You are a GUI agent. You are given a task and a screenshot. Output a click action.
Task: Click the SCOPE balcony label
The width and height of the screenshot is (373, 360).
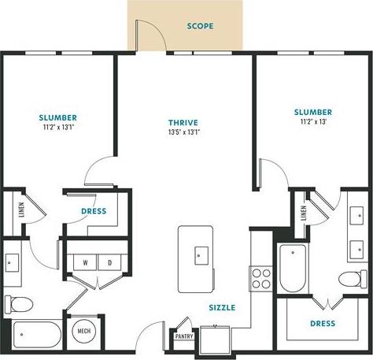(200, 26)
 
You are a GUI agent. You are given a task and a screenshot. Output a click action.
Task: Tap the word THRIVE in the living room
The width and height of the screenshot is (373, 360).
(183, 122)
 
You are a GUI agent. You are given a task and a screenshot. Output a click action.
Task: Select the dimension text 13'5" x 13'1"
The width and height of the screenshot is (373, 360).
(183, 132)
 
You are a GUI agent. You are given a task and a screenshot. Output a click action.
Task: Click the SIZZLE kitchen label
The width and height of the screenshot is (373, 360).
(222, 309)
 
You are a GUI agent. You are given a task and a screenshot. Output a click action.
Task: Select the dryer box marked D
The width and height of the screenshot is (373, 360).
(109, 262)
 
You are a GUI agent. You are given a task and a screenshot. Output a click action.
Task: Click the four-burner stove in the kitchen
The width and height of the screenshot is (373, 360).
(260, 278)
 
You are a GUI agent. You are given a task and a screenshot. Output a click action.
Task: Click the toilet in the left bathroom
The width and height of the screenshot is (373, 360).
(19, 304)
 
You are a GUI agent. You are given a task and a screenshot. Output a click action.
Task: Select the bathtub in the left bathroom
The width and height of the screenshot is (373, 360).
(32, 336)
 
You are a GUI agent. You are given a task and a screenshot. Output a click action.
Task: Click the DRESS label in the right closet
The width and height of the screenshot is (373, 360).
(322, 324)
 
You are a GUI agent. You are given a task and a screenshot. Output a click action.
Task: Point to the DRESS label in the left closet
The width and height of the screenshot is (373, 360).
(94, 211)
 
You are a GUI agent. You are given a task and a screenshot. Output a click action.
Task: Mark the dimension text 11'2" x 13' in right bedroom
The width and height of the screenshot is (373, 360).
(313, 122)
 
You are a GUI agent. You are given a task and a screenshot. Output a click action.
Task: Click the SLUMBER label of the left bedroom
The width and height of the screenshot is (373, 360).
(57, 118)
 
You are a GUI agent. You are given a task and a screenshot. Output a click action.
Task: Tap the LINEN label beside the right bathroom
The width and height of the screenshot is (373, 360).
(303, 213)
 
